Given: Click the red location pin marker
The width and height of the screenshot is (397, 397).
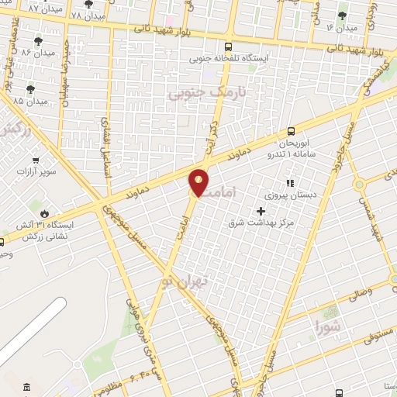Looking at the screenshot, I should pyautogui.click(x=198, y=181).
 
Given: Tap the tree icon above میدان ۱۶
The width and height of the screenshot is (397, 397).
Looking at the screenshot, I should pyautogui.click(x=343, y=16).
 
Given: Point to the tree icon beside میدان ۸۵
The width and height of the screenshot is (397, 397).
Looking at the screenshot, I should pyautogui.click(x=31, y=89).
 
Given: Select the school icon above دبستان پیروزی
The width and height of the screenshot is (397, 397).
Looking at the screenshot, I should pyautogui.click(x=289, y=184).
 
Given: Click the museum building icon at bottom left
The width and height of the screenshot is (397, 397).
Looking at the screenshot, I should pyautogui.click(x=28, y=386).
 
